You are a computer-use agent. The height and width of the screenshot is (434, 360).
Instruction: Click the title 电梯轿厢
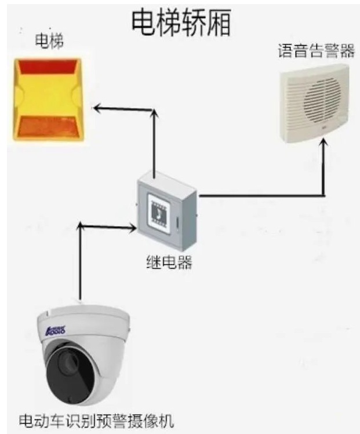click(x=181, y=23)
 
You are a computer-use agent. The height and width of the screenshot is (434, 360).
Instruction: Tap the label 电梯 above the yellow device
click(x=49, y=41)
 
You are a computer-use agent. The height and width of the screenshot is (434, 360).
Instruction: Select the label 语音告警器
click(x=316, y=50)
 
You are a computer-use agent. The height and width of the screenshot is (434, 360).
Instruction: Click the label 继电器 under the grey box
click(x=169, y=262)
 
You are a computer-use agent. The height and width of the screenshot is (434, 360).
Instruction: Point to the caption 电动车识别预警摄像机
click(x=96, y=421)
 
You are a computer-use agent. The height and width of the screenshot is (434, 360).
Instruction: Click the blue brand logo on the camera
click(x=55, y=330)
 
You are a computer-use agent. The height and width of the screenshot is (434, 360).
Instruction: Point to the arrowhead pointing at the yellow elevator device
click(x=97, y=108)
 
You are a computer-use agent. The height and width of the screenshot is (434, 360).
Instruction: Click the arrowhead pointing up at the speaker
click(x=323, y=143)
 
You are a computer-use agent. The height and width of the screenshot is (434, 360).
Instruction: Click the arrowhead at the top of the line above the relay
click(x=155, y=112)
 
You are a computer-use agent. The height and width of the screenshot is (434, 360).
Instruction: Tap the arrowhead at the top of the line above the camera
click(x=80, y=225)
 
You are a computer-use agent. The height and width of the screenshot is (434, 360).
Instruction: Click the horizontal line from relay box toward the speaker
click(x=261, y=196)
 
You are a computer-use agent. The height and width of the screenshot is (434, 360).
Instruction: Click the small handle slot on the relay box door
click(x=177, y=223)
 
